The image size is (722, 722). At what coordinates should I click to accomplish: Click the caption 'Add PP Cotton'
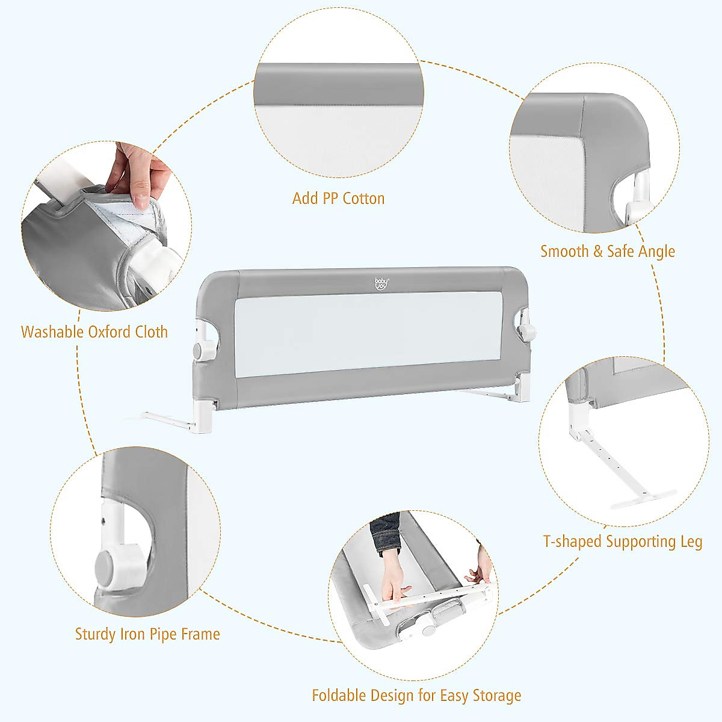point(338,199)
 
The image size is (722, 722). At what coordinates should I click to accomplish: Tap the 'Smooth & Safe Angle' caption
point(607,251)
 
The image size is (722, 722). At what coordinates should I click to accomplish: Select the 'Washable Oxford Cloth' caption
point(94,332)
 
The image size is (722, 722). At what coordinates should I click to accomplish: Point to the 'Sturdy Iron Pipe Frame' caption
point(147,634)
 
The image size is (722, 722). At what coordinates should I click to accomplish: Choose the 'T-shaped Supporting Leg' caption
point(622,541)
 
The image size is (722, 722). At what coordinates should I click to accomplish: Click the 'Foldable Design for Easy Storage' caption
point(416,696)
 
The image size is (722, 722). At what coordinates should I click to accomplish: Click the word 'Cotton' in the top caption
point(363,199)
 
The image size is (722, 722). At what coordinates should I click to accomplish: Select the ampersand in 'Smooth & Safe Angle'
point(597,251)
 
